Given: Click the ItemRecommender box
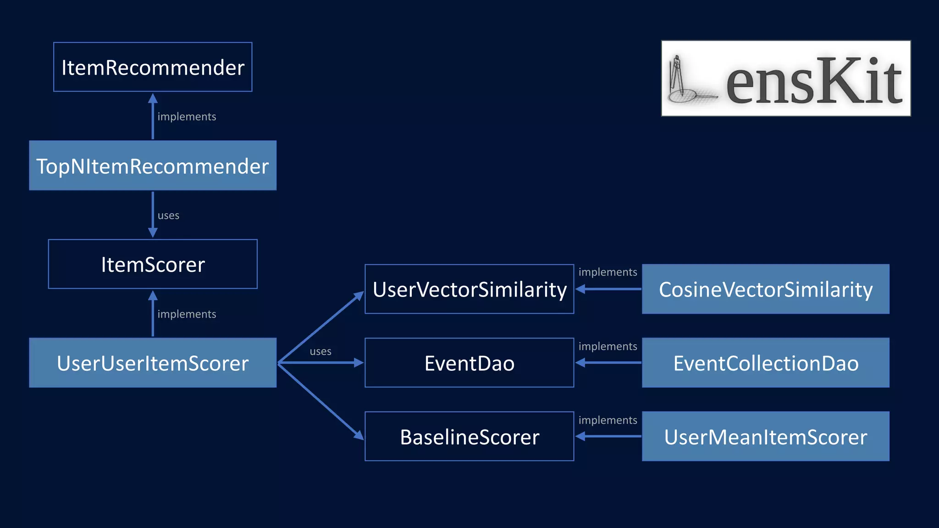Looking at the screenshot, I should [153, 67].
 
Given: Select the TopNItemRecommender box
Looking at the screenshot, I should [153, 166].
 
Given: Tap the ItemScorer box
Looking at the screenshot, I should [153, 264].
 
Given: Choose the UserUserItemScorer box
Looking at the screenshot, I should [153, 363].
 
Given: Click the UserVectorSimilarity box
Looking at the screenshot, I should [469, 289].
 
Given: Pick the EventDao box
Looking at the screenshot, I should [469, 363].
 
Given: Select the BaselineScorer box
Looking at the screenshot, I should [469, 437].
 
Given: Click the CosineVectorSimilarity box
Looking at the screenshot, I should [765, 289].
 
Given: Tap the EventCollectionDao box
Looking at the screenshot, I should [765, 363].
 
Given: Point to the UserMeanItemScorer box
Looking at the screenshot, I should [765, 437].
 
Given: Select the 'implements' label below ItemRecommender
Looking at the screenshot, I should [187, 117].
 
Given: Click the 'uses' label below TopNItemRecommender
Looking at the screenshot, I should [168, 215].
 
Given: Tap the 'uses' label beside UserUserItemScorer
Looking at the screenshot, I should [320, 352].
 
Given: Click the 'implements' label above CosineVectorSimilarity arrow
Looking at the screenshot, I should [608, 272].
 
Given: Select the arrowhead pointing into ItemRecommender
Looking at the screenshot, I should [153, 99].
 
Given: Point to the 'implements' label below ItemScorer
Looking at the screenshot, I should [187, 314].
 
